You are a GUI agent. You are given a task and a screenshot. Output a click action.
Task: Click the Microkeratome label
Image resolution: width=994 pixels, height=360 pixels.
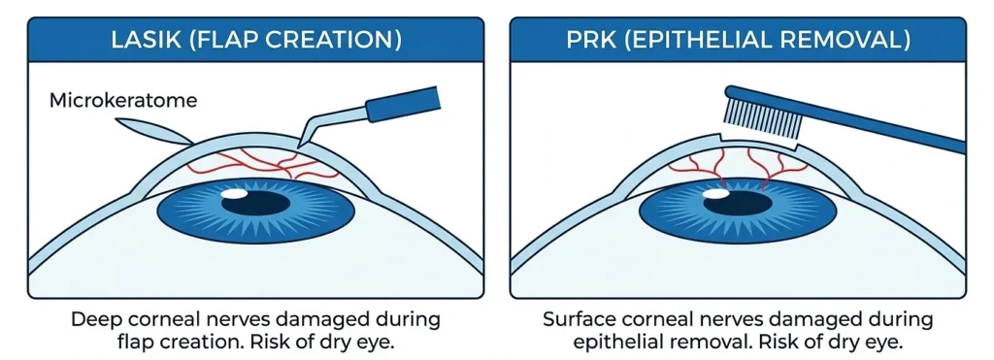point(123,100)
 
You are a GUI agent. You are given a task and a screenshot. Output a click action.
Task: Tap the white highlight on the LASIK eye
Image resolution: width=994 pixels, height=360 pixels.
point(233,194)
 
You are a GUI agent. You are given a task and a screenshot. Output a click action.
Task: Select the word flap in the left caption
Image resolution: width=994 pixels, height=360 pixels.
point(134,343)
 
